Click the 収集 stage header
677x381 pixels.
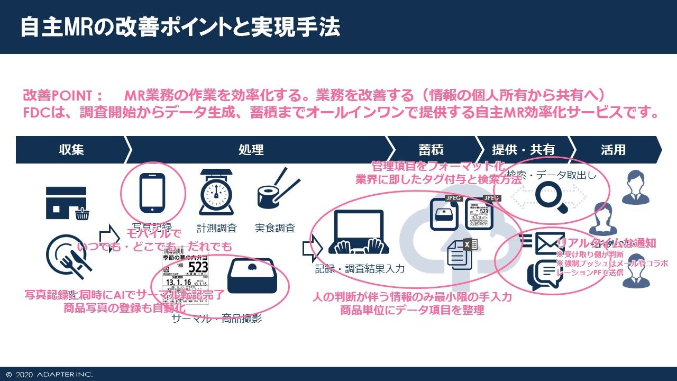[x=71, y=150]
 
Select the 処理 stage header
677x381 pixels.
[x=251, y=150]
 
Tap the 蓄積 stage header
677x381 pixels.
[x=431, y=150]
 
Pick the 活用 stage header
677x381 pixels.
[x=613, y=150]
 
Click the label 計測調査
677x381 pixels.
[x=217, y=228]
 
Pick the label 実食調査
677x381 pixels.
[x=275, y=228]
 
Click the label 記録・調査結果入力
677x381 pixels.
[x=360, y=269]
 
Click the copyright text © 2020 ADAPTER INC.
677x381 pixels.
[x=49, y=375]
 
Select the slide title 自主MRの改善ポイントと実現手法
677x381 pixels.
[x=180, y=28]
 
